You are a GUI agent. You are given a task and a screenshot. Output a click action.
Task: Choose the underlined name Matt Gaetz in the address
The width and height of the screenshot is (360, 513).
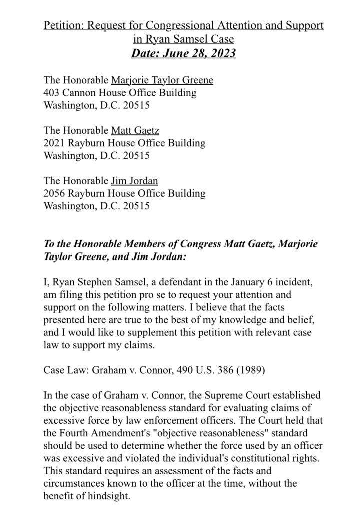point(135,131)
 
